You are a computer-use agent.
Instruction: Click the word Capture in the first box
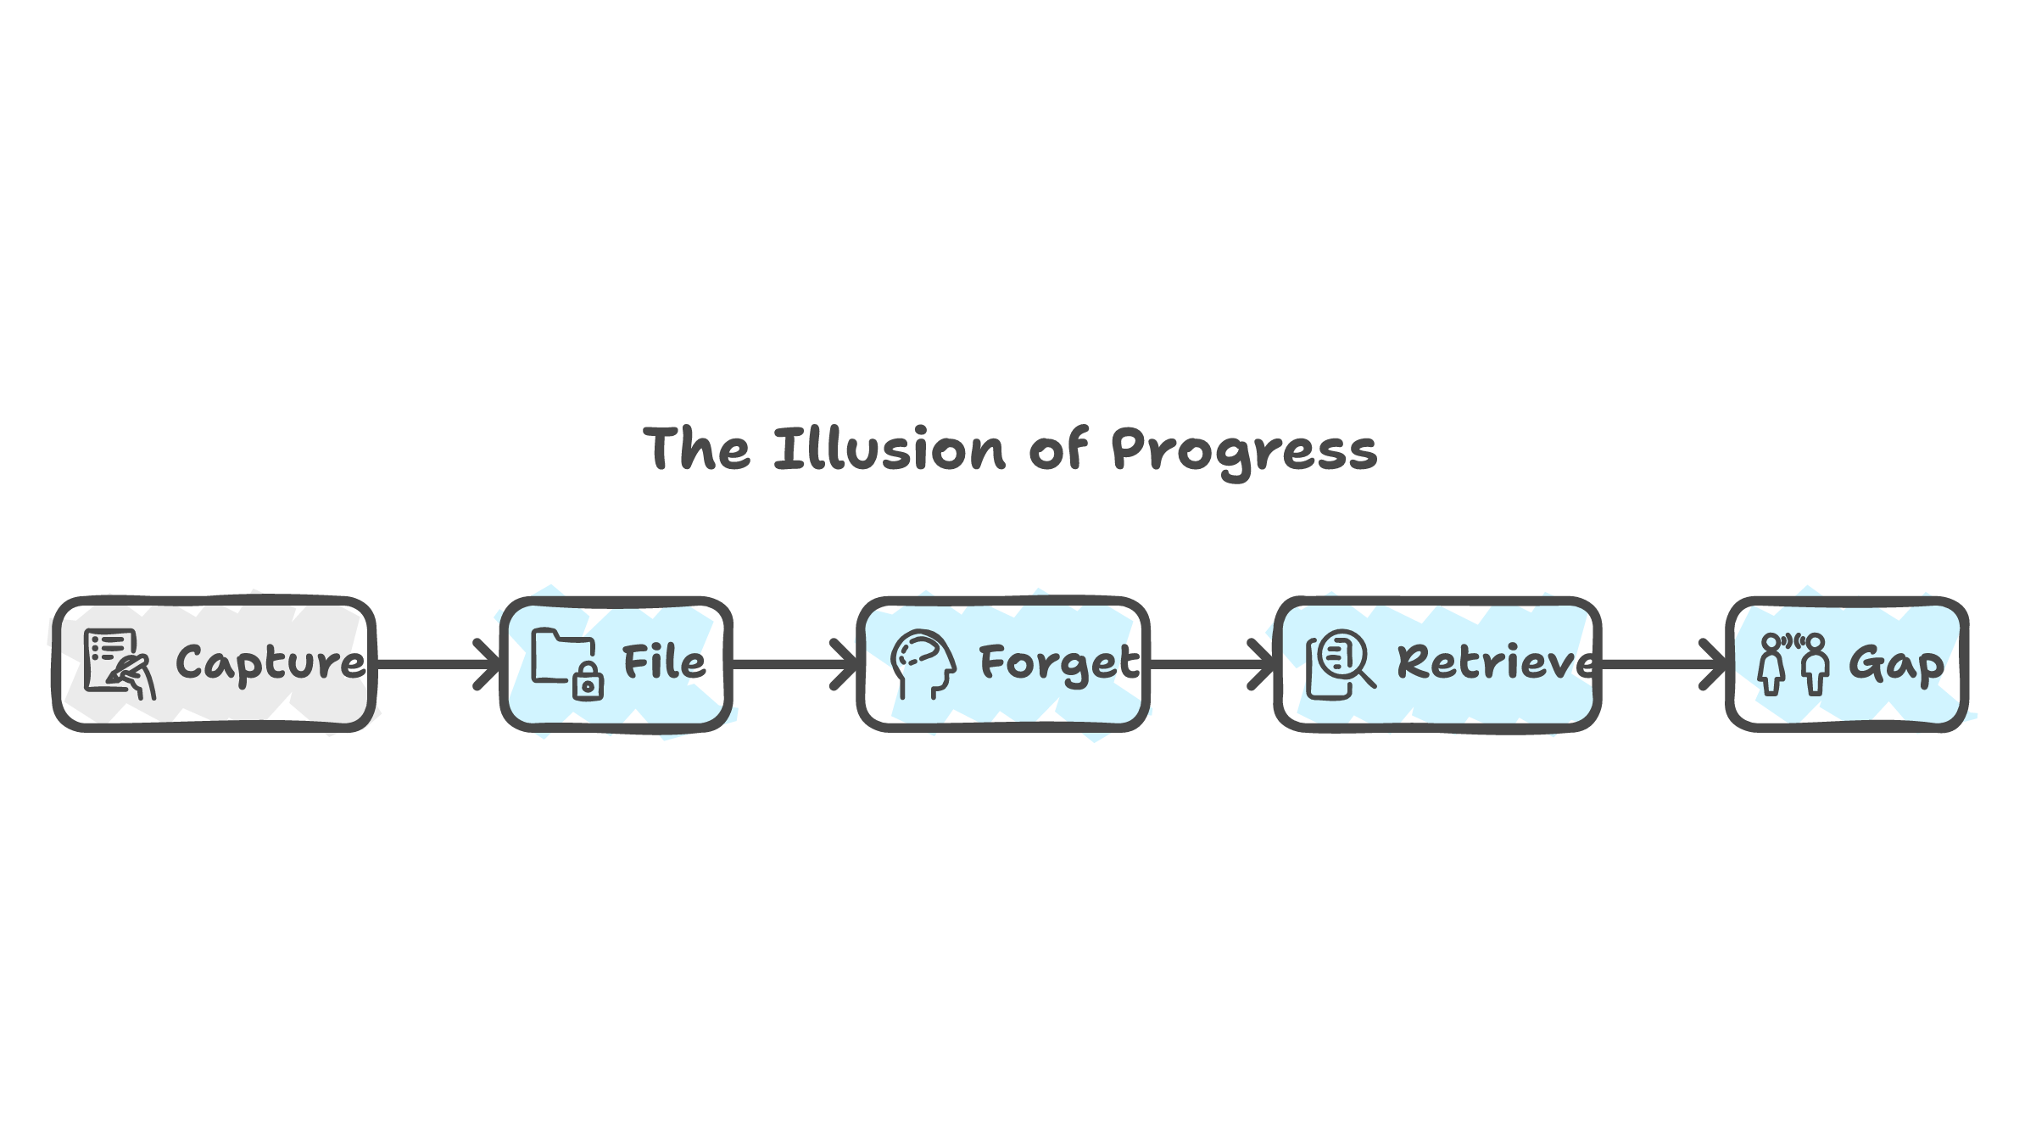(x=271, y=662)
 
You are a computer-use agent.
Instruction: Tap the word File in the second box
(x=664, y=662)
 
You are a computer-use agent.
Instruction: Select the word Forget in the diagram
(x=1059, y=663)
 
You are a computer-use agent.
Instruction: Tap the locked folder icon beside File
(x=566, y=663)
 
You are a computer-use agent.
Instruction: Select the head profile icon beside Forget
(x=923, y=663)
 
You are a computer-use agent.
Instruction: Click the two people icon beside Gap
(x=1793, y=663)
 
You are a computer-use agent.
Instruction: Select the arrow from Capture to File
(x=438, y=664)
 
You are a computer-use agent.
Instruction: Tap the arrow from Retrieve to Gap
(x=1663, y=664)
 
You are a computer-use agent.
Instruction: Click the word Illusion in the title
(x=890, y=449)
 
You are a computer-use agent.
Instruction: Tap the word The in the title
(x=696, y=449)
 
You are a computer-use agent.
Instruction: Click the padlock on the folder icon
(x=588, y=682)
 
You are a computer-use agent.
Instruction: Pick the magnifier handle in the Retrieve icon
(x=1367, y=679)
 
